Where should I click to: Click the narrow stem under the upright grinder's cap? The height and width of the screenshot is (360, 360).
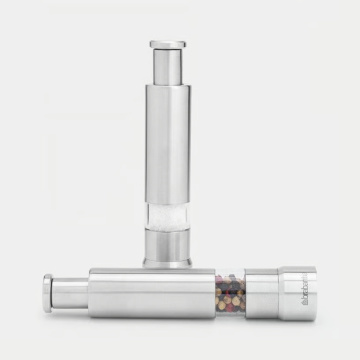pos(166,66)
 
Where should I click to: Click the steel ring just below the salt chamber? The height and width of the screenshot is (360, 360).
pos(166,246)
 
